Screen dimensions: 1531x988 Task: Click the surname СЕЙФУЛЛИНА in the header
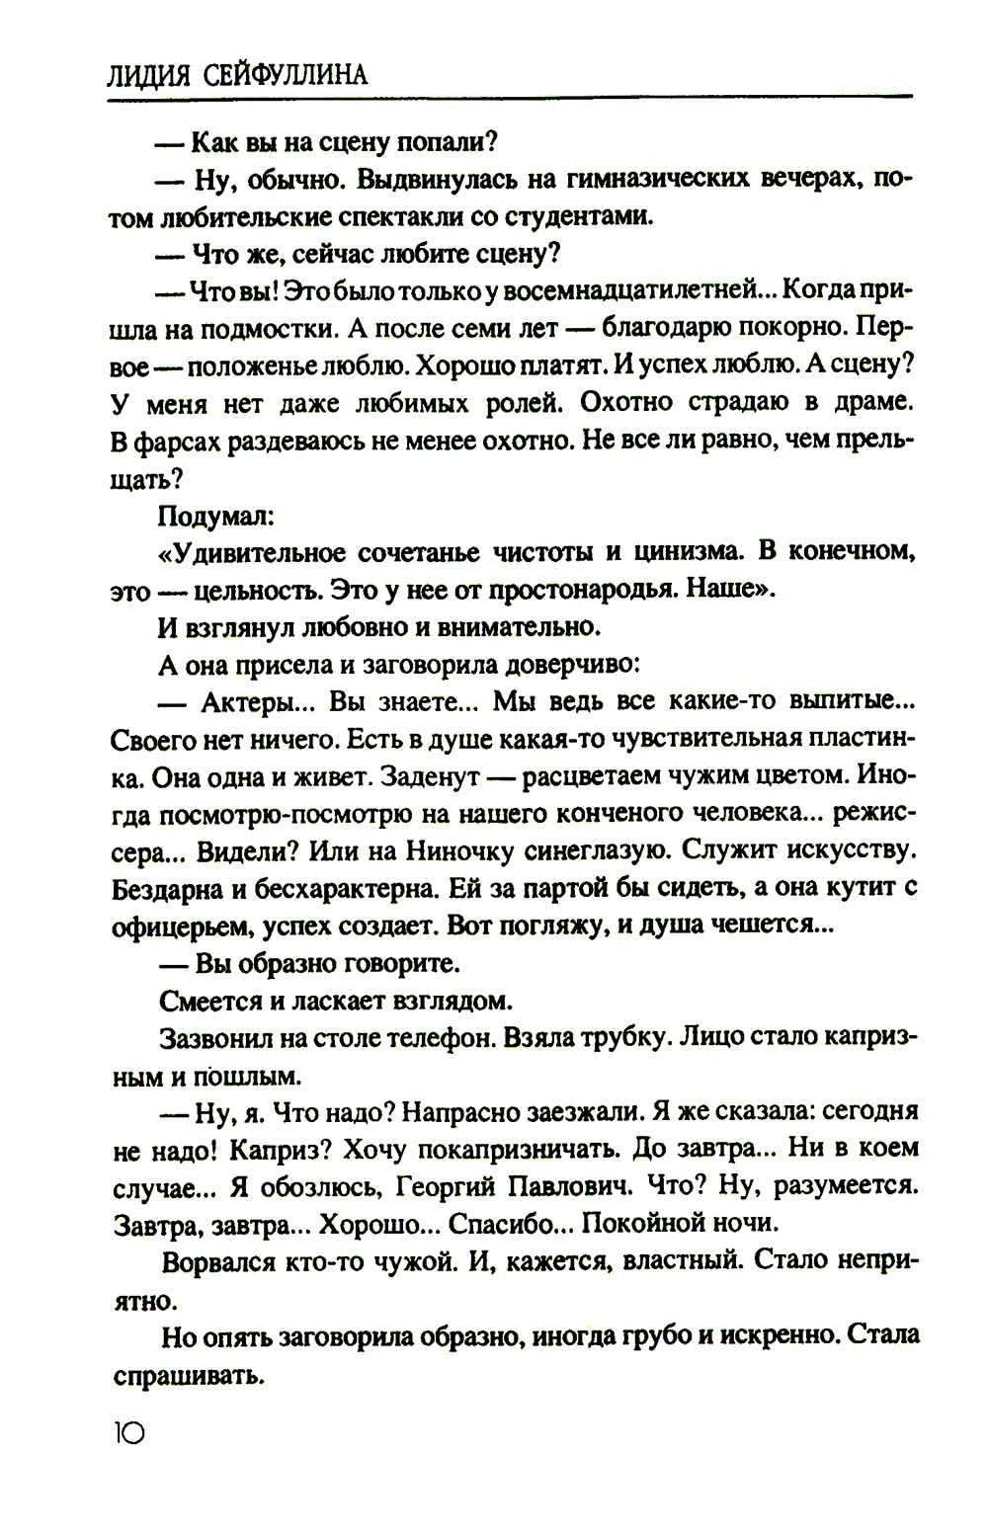[284, 76]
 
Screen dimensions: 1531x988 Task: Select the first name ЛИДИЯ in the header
[150, 76]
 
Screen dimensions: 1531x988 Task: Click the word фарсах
[174, 442]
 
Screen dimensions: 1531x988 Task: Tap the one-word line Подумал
[214, 516]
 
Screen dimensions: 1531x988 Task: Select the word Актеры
[251, 702]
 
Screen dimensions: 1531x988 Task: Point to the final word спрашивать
[187, 1374]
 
